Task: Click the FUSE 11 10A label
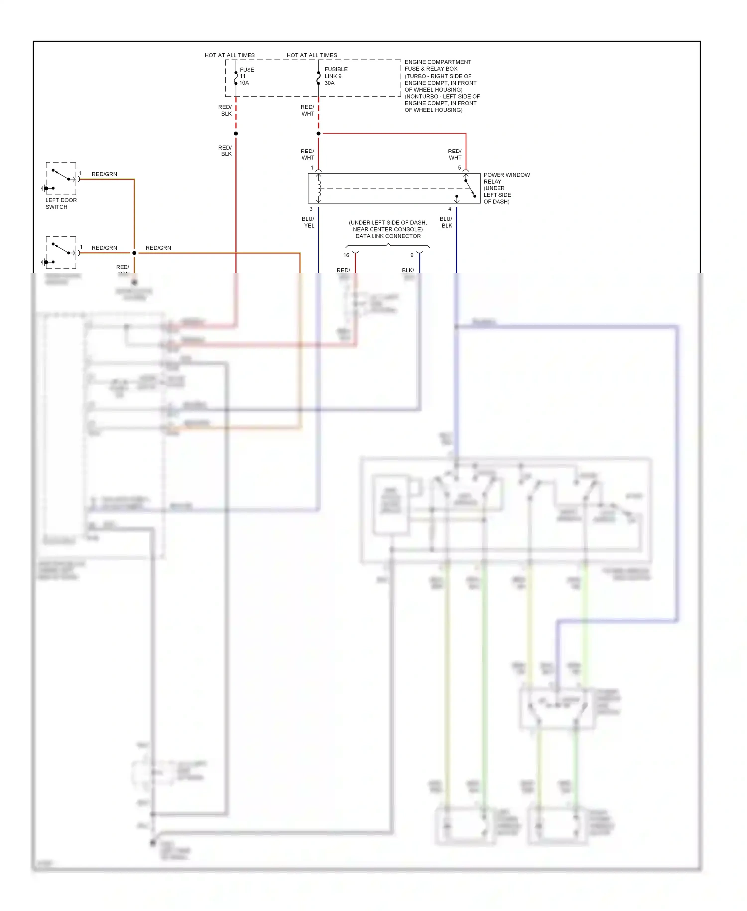[x=247, y=76]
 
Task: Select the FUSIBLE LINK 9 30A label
[x=336, y=76]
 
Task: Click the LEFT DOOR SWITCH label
[x=61, y=203]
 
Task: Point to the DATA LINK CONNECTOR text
[x=387, y=236]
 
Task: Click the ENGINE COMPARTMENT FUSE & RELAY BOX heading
[x=437, y=65]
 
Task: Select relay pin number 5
[x=459, y=168]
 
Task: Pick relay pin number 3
[x=311, y=209]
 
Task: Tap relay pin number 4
[x=450, y=209]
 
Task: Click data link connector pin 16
[x=346, y=255]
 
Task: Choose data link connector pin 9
[x=412, y=255]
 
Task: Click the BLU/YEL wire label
[x=308, y=222]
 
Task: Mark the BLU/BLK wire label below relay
[x=446, y=222]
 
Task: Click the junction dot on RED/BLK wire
[x=236, y=134]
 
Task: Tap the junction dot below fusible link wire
[x=318, y=134]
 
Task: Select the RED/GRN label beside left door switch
[x=104, y=174]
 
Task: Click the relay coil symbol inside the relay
[x=319, y=188]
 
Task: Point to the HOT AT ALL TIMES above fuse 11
[x=230, y=55]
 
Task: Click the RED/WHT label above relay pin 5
[x=455, y=154]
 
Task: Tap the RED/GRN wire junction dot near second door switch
[x=134, y=253]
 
